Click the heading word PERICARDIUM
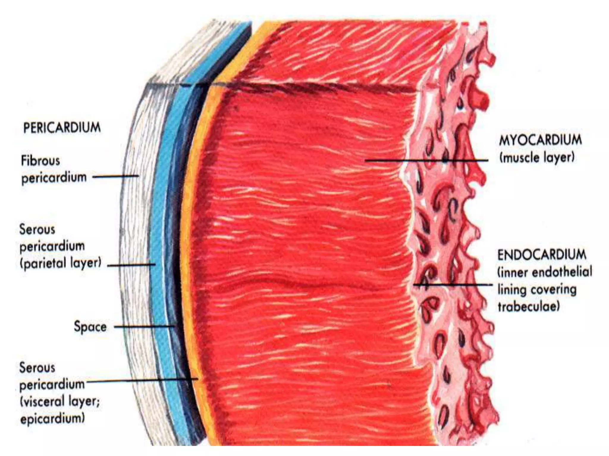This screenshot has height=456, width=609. coord(62,128)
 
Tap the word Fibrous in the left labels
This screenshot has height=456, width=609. coord(40,161)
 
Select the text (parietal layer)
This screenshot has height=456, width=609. coord(61,263)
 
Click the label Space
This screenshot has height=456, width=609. coord(90,327)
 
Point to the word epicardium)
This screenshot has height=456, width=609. coord(52,419)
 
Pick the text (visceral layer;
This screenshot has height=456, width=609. coord(60,402)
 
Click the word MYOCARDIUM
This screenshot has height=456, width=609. coord(540,140)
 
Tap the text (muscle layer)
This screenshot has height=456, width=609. coord(537,157)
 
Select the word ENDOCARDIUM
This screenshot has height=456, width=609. coord(542,255)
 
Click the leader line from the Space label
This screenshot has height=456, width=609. coord(144,327)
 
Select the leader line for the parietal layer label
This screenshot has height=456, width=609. coord(131,265)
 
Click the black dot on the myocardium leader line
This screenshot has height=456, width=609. coord(445,160)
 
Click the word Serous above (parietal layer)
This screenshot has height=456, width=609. coord(37,229)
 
